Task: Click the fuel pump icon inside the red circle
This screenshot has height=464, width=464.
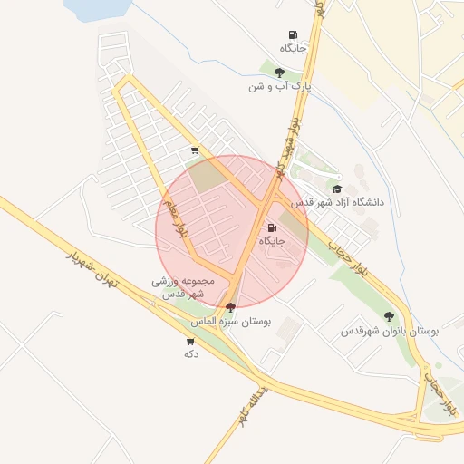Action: point(273,227)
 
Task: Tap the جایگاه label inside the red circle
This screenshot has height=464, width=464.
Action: point(273,242)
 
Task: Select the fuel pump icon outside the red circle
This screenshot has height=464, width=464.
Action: point(292,34)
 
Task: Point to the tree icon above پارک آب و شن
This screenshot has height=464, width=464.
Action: point(279,72)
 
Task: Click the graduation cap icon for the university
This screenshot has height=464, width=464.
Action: point(337,189)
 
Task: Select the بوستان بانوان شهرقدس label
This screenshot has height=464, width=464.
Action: point(390,331)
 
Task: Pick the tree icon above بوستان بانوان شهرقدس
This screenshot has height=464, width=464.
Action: point(389,316)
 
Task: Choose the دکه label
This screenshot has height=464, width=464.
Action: point(190,353)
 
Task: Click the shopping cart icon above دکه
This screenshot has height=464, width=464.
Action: point(189,341)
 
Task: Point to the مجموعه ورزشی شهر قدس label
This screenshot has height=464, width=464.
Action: point(183,288)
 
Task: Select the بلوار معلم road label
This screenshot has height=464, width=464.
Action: point(175,218)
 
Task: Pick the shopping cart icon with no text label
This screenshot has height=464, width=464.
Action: point(194,150)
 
